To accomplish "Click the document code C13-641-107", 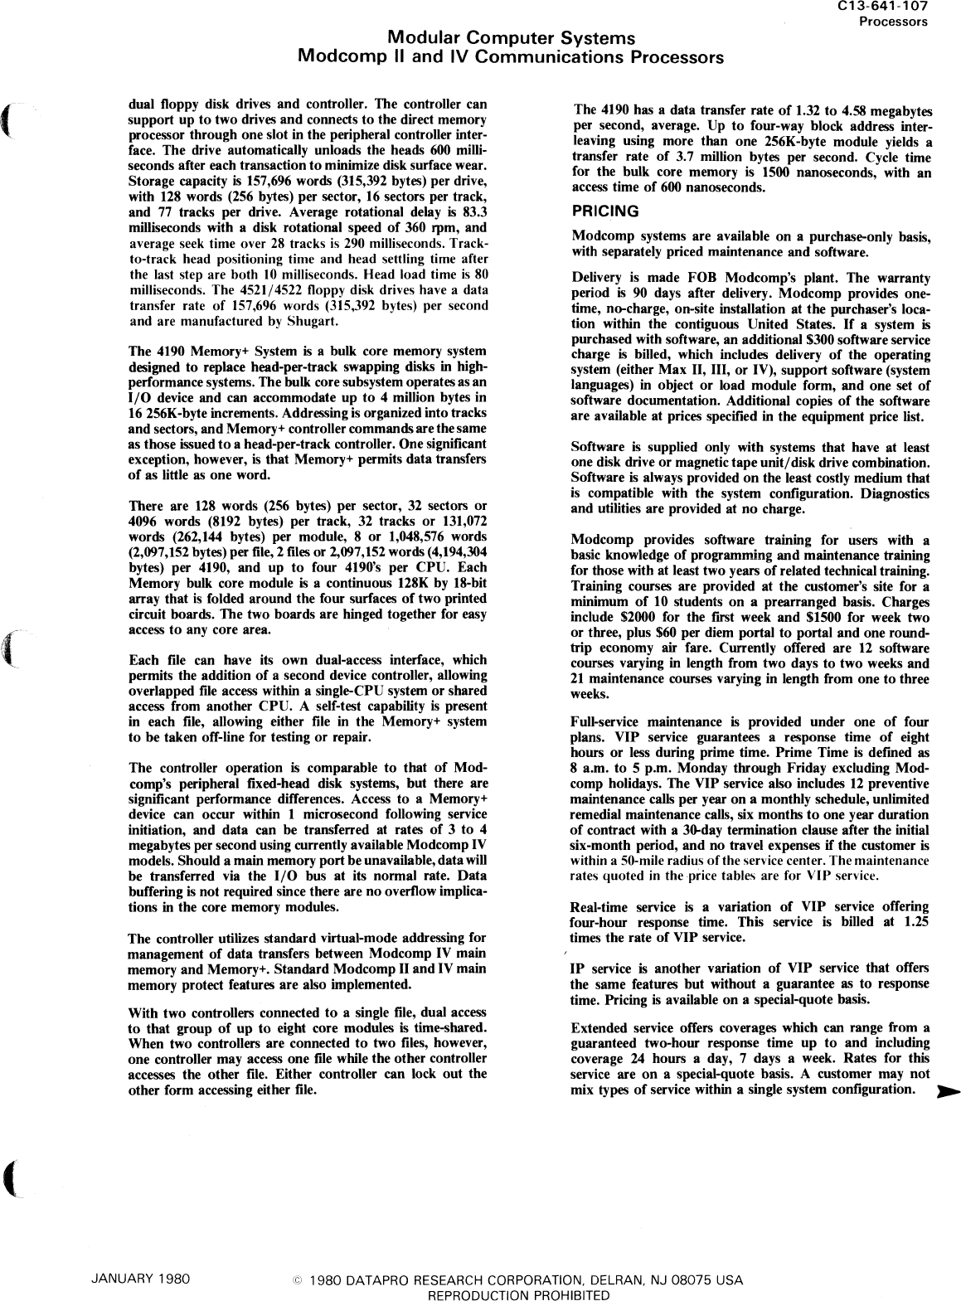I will tap(885, 7).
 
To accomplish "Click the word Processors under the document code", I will tap(892, 22).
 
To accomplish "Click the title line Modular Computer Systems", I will tap(512, 38).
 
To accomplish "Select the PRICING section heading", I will tap(605, 211).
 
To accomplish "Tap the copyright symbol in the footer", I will tap(297, 1280).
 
